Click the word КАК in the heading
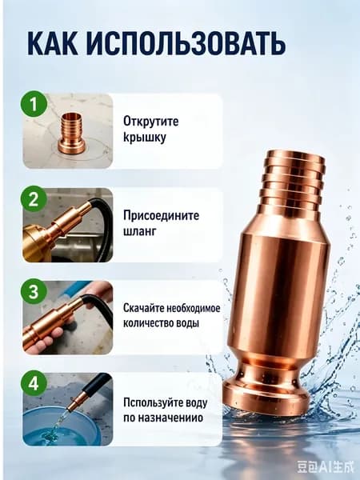coord(52,43)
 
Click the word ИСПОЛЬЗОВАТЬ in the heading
coord(186,43)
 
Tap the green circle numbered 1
coord(34,104)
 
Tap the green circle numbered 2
coord(34,198)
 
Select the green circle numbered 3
coord(34,291)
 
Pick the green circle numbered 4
coord(34,382)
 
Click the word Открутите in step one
coord(151,122)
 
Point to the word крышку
coord(145,138)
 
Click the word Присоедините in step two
coord(162,216)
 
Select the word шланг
coord(139,231)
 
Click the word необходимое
coord(194,308)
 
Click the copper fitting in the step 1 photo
coord(72,133)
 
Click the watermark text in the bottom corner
coord(325,467)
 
